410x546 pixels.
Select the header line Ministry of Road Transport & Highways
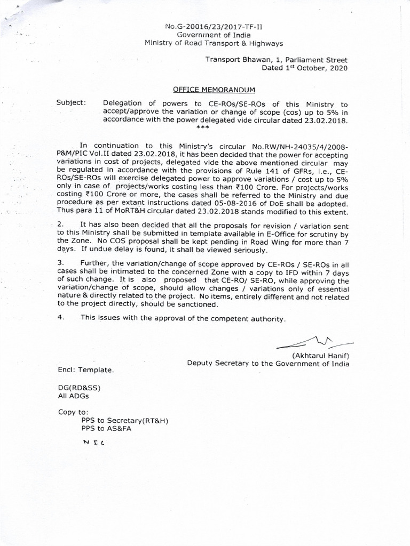tap(214, 43)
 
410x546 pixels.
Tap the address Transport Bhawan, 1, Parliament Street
tap(277, 60)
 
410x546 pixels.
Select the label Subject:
tap(70, 103)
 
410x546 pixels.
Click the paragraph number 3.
tap(60, 263)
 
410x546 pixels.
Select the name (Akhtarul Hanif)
tap(320, 356)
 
